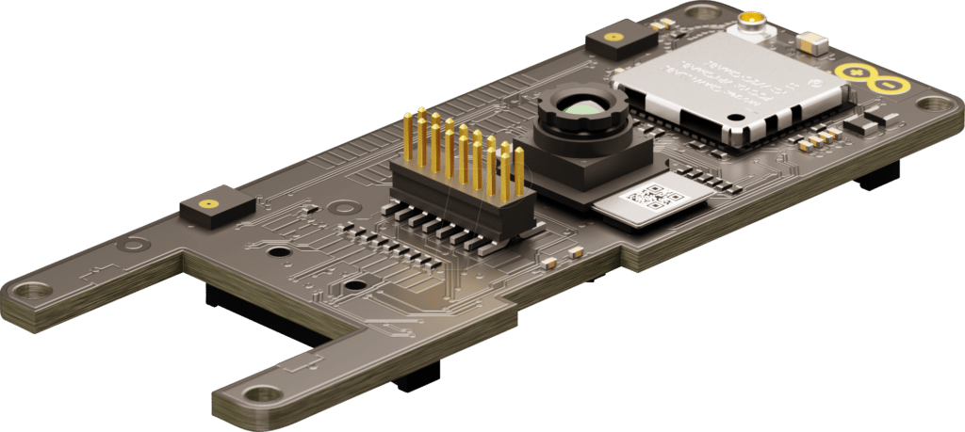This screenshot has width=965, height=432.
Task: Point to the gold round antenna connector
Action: click(751, 19)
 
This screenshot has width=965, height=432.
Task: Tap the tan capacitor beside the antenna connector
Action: click(810, 41)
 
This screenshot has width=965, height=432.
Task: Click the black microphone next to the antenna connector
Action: click(620, 40)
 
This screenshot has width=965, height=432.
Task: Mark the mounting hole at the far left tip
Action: click(31, 292)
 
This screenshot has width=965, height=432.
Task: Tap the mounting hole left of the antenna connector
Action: click(703, 13)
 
